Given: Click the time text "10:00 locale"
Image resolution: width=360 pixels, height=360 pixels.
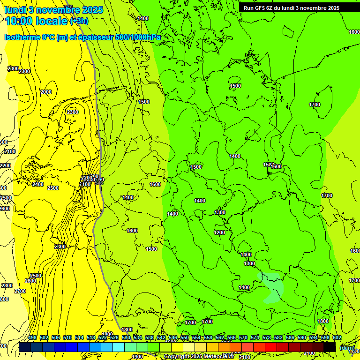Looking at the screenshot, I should click(37, 20).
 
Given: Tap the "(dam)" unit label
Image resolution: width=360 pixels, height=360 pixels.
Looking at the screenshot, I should click(347, 348).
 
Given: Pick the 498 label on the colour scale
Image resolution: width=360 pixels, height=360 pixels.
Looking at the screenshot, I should click(32, 337).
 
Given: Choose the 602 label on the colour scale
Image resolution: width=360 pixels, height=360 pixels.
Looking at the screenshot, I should click(337, 337).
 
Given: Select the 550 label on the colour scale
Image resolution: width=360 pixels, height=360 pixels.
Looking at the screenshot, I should click(185, 337).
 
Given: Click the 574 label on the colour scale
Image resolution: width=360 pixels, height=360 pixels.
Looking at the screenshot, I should click(255, 337).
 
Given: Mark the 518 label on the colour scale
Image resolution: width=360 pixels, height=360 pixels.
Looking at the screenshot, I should click(91, 337).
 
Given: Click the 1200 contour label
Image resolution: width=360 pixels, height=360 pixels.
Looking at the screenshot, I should click(219, 233).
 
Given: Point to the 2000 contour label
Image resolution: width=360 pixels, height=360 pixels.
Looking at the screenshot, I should click(46, 92).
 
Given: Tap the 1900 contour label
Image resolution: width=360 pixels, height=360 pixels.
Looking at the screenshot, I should click(137, 357).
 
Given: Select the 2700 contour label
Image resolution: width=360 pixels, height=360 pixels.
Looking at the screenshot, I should click(20, 291).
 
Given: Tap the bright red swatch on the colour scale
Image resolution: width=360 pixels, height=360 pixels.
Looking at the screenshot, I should click(271, 347).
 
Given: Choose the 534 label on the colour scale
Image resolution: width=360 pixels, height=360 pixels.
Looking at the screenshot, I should click(138, 337).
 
